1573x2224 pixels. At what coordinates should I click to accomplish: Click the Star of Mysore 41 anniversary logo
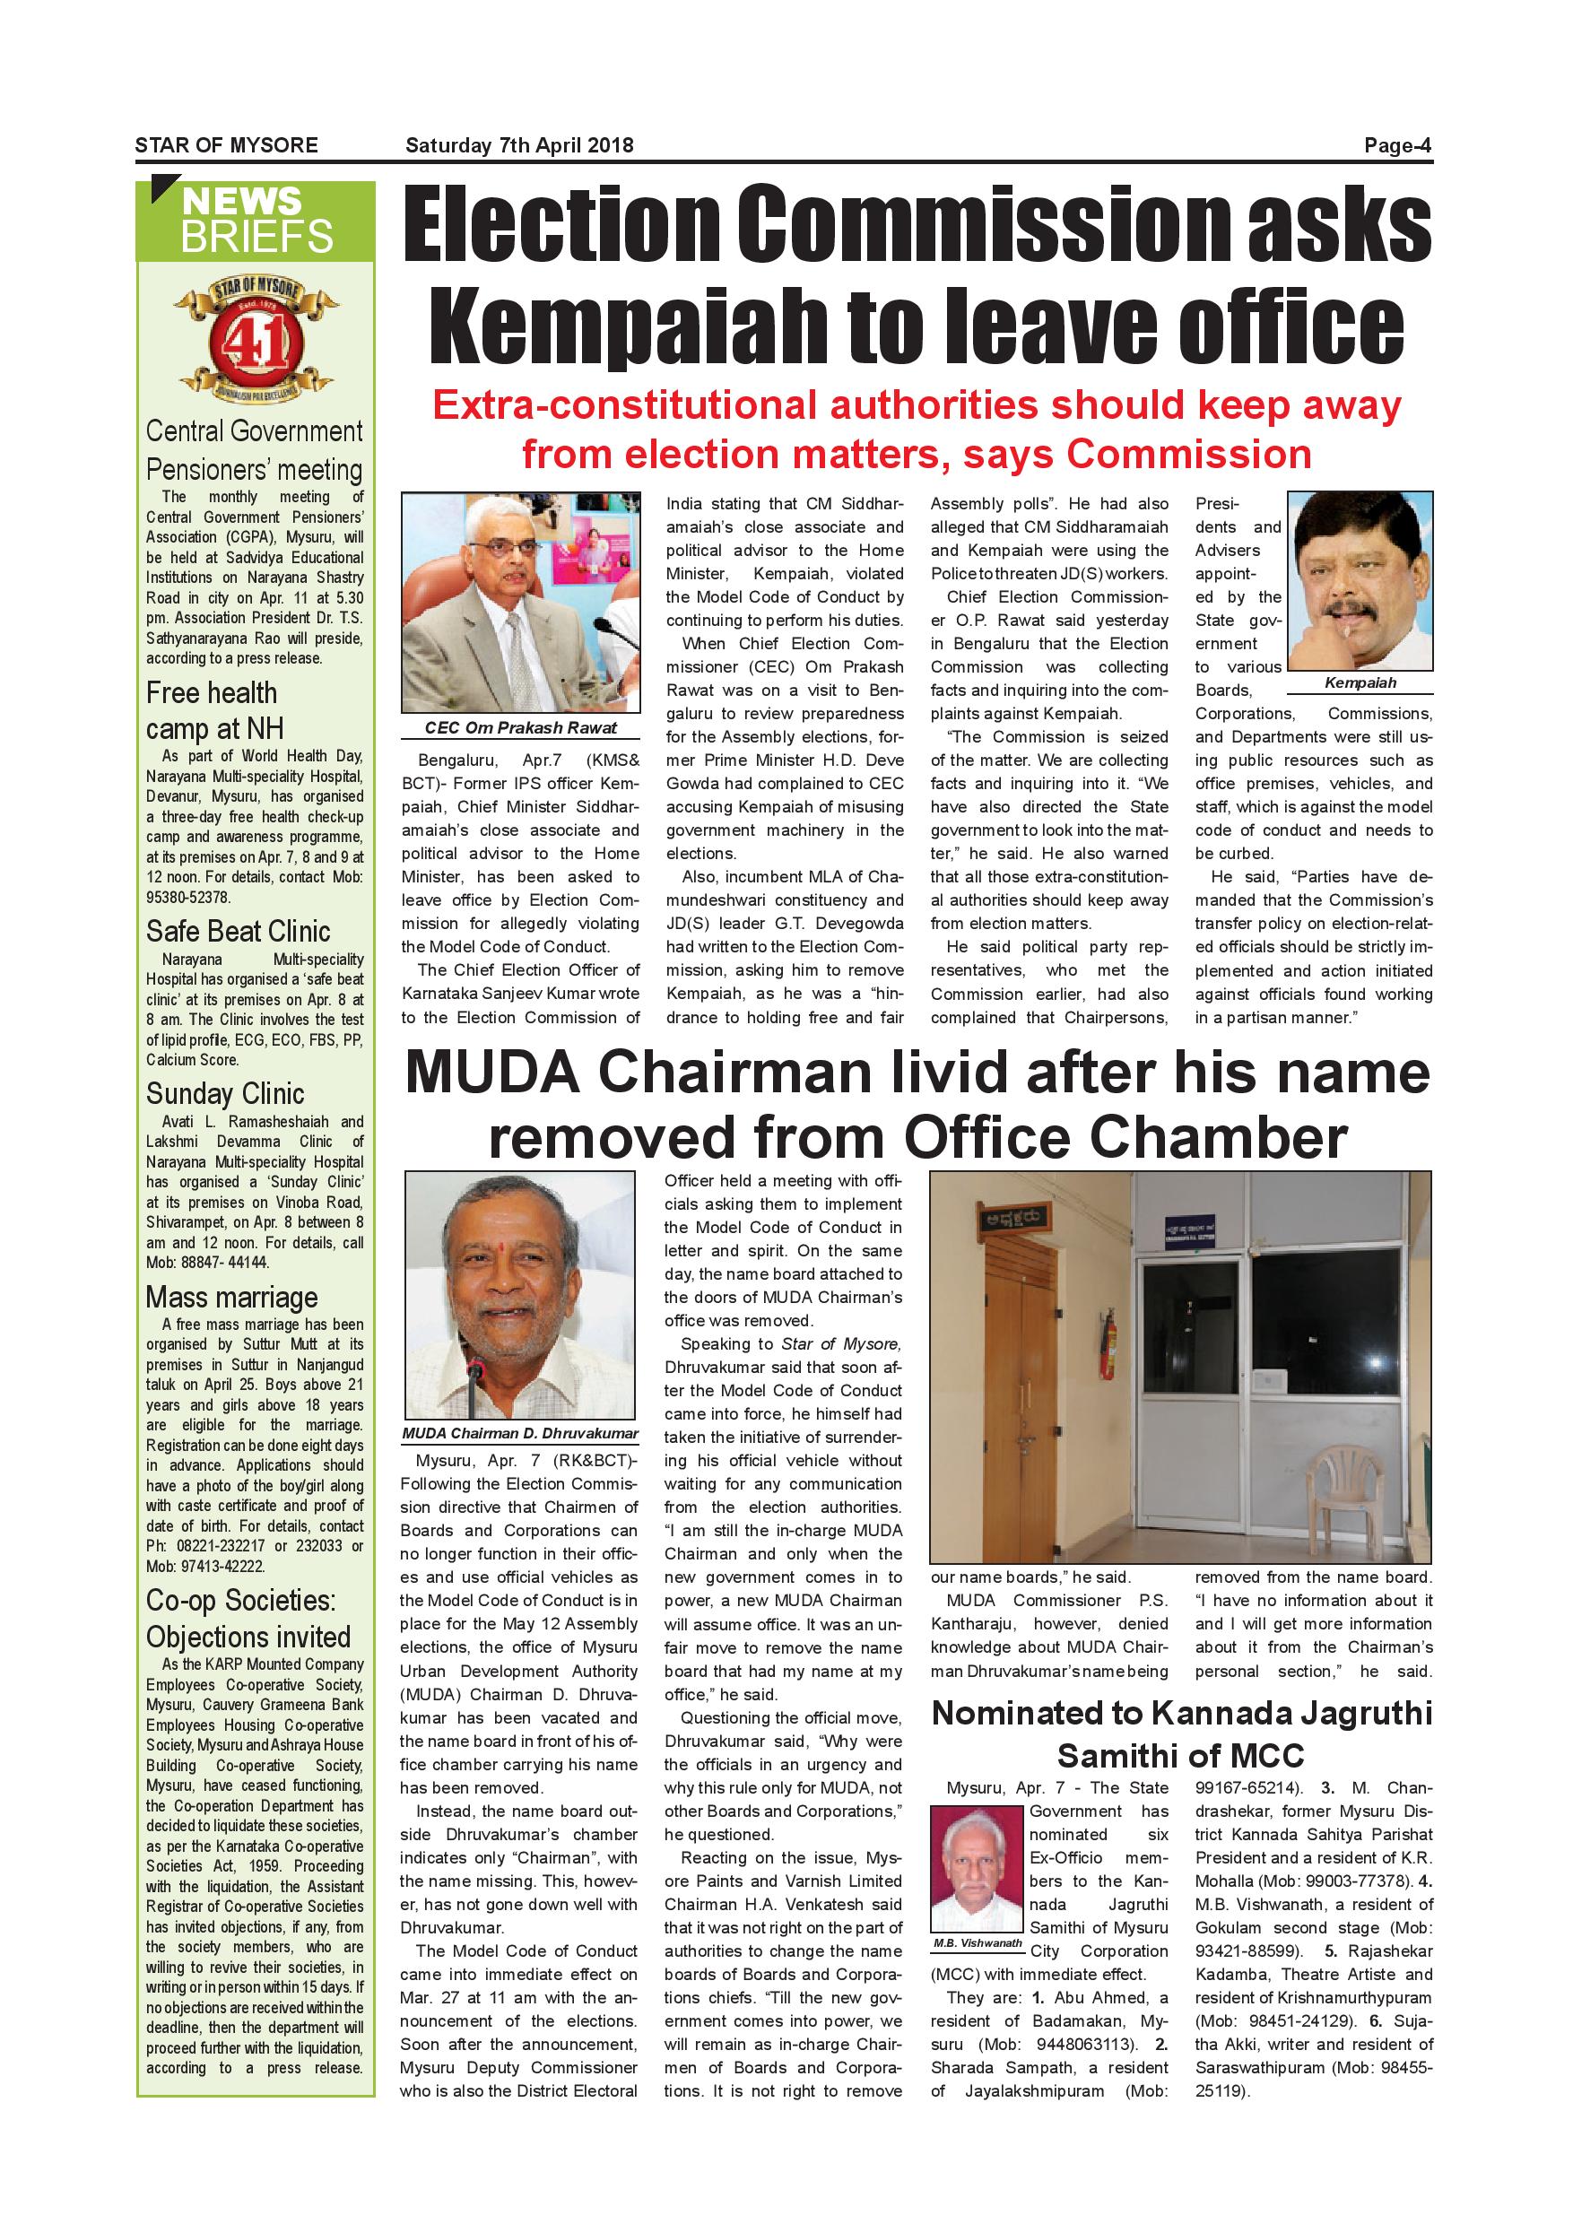point(256,339)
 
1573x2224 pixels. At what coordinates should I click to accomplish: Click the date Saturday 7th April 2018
point(519,145)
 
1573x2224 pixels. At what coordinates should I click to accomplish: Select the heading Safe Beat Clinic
point(239,931)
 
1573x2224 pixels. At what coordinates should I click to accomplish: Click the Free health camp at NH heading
point(213,710)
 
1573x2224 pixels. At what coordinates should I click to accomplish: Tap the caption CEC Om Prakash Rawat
point(520,727)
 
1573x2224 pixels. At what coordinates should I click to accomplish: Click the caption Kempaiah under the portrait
point(1360,682)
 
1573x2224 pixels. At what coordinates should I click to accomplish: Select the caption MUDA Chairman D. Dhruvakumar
point(520,1434)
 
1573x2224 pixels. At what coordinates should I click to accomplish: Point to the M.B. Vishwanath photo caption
point(978,1943)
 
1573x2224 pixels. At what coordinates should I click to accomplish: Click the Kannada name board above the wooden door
point(1017,1219)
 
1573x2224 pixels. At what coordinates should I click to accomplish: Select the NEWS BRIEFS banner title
point(256,219)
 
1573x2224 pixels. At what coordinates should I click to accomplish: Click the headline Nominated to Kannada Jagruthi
point(1181,1714)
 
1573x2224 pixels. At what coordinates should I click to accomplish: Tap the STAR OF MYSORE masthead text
point(227,145)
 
